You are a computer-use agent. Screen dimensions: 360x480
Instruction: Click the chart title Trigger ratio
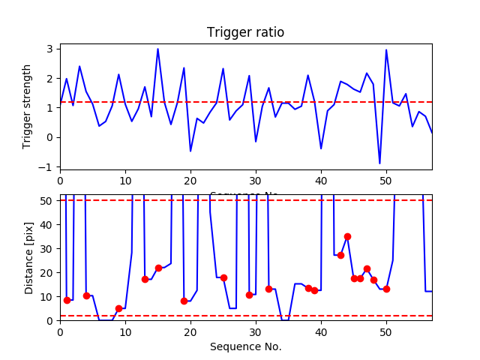point(245,33)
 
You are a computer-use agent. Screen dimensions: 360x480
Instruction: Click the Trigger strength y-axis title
point(28,106)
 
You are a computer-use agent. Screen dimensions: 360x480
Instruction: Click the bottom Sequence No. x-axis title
point(245,346)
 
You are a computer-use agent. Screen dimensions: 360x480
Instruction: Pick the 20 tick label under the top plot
point(190,180)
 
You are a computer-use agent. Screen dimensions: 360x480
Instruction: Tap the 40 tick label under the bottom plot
point(321,331)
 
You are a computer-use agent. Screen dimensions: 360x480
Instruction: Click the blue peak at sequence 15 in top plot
point(157,49)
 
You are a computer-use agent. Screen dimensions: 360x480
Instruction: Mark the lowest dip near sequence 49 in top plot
point(379,163)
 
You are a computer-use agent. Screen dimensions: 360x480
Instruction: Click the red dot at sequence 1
point(67,300)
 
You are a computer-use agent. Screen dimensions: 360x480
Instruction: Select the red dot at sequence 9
point(118,308)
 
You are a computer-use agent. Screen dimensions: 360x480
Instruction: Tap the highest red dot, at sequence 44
point(347,236)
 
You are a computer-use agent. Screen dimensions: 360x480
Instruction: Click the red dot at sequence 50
point(386,289)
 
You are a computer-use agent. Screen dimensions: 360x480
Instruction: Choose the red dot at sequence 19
point(184,301)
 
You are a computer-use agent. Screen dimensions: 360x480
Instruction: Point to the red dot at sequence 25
point(223,277)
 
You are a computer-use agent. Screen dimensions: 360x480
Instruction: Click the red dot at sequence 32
point(268,289)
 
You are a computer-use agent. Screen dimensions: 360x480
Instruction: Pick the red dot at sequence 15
point(158,268)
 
